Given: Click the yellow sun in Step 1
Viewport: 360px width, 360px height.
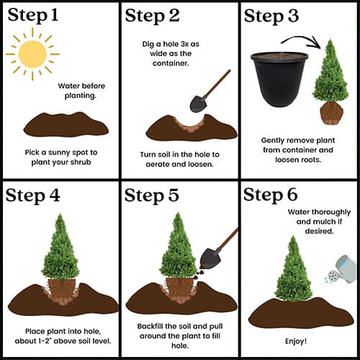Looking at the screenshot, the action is [32, 54].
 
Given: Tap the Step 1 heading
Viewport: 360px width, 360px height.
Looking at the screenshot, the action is [33, 15].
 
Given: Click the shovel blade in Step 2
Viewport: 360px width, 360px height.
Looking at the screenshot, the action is [199, 104].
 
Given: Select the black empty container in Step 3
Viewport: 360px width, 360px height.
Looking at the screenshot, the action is [279, 79].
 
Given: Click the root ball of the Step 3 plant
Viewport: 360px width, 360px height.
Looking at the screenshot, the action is [331, 113].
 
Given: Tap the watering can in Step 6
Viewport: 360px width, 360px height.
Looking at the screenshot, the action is [341, 269].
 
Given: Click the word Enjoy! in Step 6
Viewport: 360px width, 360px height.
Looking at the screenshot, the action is [296, 341].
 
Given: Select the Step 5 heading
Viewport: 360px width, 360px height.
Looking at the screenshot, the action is [151, 196].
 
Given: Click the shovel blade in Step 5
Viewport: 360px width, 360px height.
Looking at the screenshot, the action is [211, 258].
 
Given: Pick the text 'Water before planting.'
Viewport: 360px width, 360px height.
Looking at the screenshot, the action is [81, 91].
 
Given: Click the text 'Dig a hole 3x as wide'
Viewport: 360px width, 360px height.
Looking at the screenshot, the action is [171, 49].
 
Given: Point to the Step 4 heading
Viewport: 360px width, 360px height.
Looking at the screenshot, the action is [32, 196].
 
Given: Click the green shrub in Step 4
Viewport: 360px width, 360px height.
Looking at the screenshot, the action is [60, 247].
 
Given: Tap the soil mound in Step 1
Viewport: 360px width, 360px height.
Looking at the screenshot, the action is [66, 125].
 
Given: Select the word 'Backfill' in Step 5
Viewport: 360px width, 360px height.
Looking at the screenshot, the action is [150, 326].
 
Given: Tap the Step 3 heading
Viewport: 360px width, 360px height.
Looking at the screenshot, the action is [271, 16].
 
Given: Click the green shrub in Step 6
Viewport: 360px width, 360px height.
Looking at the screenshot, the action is [294, 269].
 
